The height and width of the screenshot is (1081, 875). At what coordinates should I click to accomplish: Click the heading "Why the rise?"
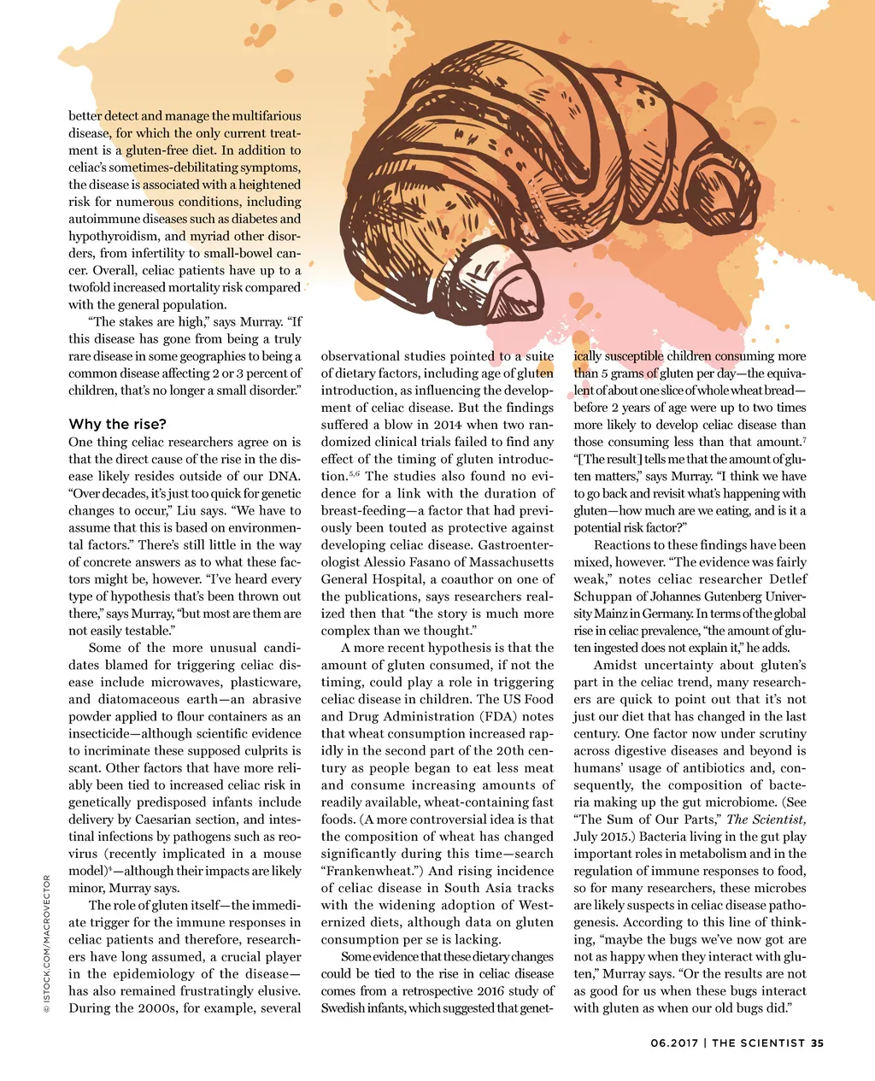click(117, 425)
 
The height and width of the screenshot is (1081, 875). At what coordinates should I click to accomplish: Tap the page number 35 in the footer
click(818, 1043)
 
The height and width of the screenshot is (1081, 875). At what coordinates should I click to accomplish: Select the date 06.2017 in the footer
click(674, 1043)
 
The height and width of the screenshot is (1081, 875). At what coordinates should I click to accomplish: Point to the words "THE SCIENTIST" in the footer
click(759, 1043)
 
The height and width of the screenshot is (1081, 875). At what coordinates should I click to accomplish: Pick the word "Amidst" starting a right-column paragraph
click(614, 665)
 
